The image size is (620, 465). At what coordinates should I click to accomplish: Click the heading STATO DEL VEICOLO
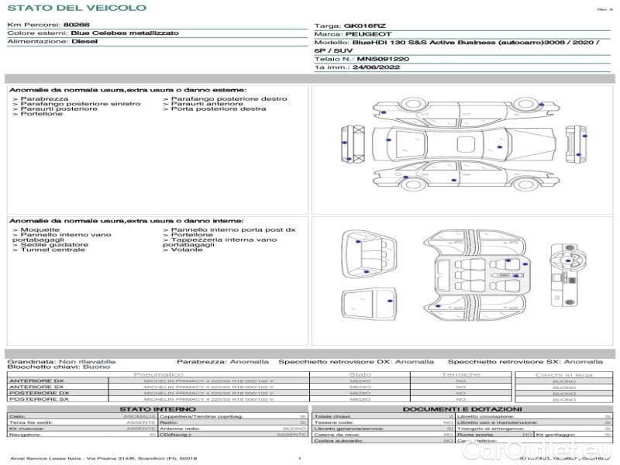[76, 8]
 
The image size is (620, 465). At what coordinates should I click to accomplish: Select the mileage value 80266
[76, 25]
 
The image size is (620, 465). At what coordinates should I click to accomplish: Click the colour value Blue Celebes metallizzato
[124, 33]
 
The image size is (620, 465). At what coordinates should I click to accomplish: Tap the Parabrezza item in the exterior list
[44, 99]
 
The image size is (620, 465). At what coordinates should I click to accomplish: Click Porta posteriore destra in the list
[218, 109]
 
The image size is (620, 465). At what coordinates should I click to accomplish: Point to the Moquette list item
[40, 230]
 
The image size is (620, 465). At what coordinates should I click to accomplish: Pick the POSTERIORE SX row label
[38, 400]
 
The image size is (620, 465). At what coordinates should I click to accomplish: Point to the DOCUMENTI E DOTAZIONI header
[462, 409]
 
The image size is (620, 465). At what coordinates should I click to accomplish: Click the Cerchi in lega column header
[563, 374]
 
